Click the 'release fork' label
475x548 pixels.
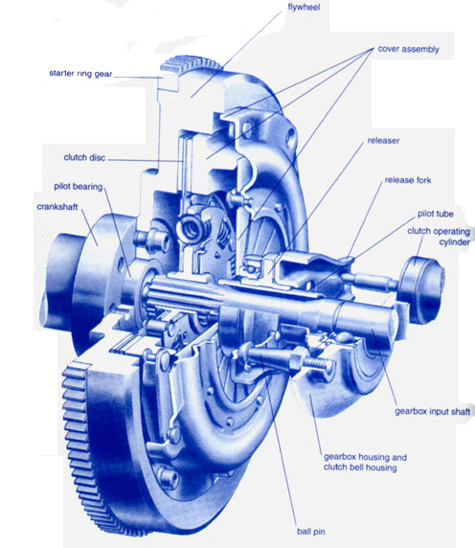point(412,179)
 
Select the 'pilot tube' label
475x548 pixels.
point(438,216)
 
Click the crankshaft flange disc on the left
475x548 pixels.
point(81,240)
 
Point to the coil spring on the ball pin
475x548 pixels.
point(314,362)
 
